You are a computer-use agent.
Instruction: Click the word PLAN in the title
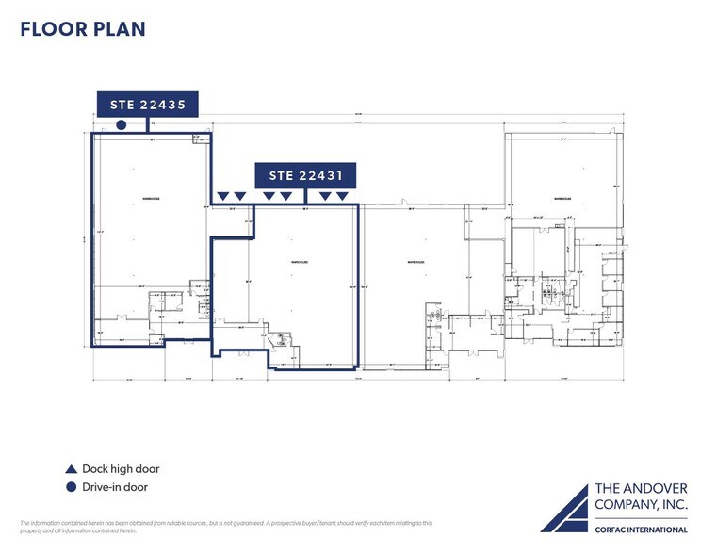(x=120, y=28)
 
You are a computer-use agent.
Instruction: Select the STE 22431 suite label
(x=305, y=174)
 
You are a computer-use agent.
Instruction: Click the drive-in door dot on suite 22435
(x=121, y=124)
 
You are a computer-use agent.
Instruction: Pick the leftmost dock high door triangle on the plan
(x=222, y=196)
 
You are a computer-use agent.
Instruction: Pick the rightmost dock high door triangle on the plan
(x=341, y=196)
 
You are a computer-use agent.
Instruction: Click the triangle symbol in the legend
(x=71, y=469)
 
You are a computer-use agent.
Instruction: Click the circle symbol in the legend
(x=71, y=487)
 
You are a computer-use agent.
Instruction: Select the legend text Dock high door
(x=121, y=469)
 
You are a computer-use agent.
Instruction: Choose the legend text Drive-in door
(x=115, y=487)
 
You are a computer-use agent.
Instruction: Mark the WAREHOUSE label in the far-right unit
(x=563, y=199)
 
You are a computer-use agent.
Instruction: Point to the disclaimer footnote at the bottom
(x=226, y=527)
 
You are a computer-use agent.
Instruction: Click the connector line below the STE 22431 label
(x=307, y=194)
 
